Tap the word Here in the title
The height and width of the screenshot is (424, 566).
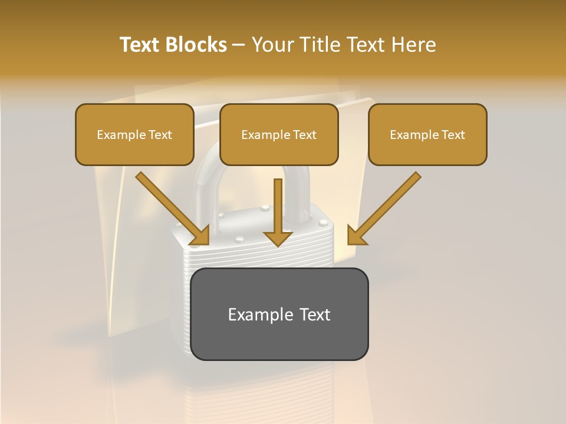click(413, 45)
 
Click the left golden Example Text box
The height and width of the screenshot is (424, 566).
click(134, 134)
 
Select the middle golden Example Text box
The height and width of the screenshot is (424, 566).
click(279, 134)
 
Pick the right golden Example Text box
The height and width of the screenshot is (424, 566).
click(427, 134)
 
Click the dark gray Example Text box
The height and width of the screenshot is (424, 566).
click(279, 314)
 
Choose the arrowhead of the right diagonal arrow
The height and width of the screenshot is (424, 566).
click(356, 236)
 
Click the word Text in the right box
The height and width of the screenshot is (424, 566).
click(453, 135)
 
